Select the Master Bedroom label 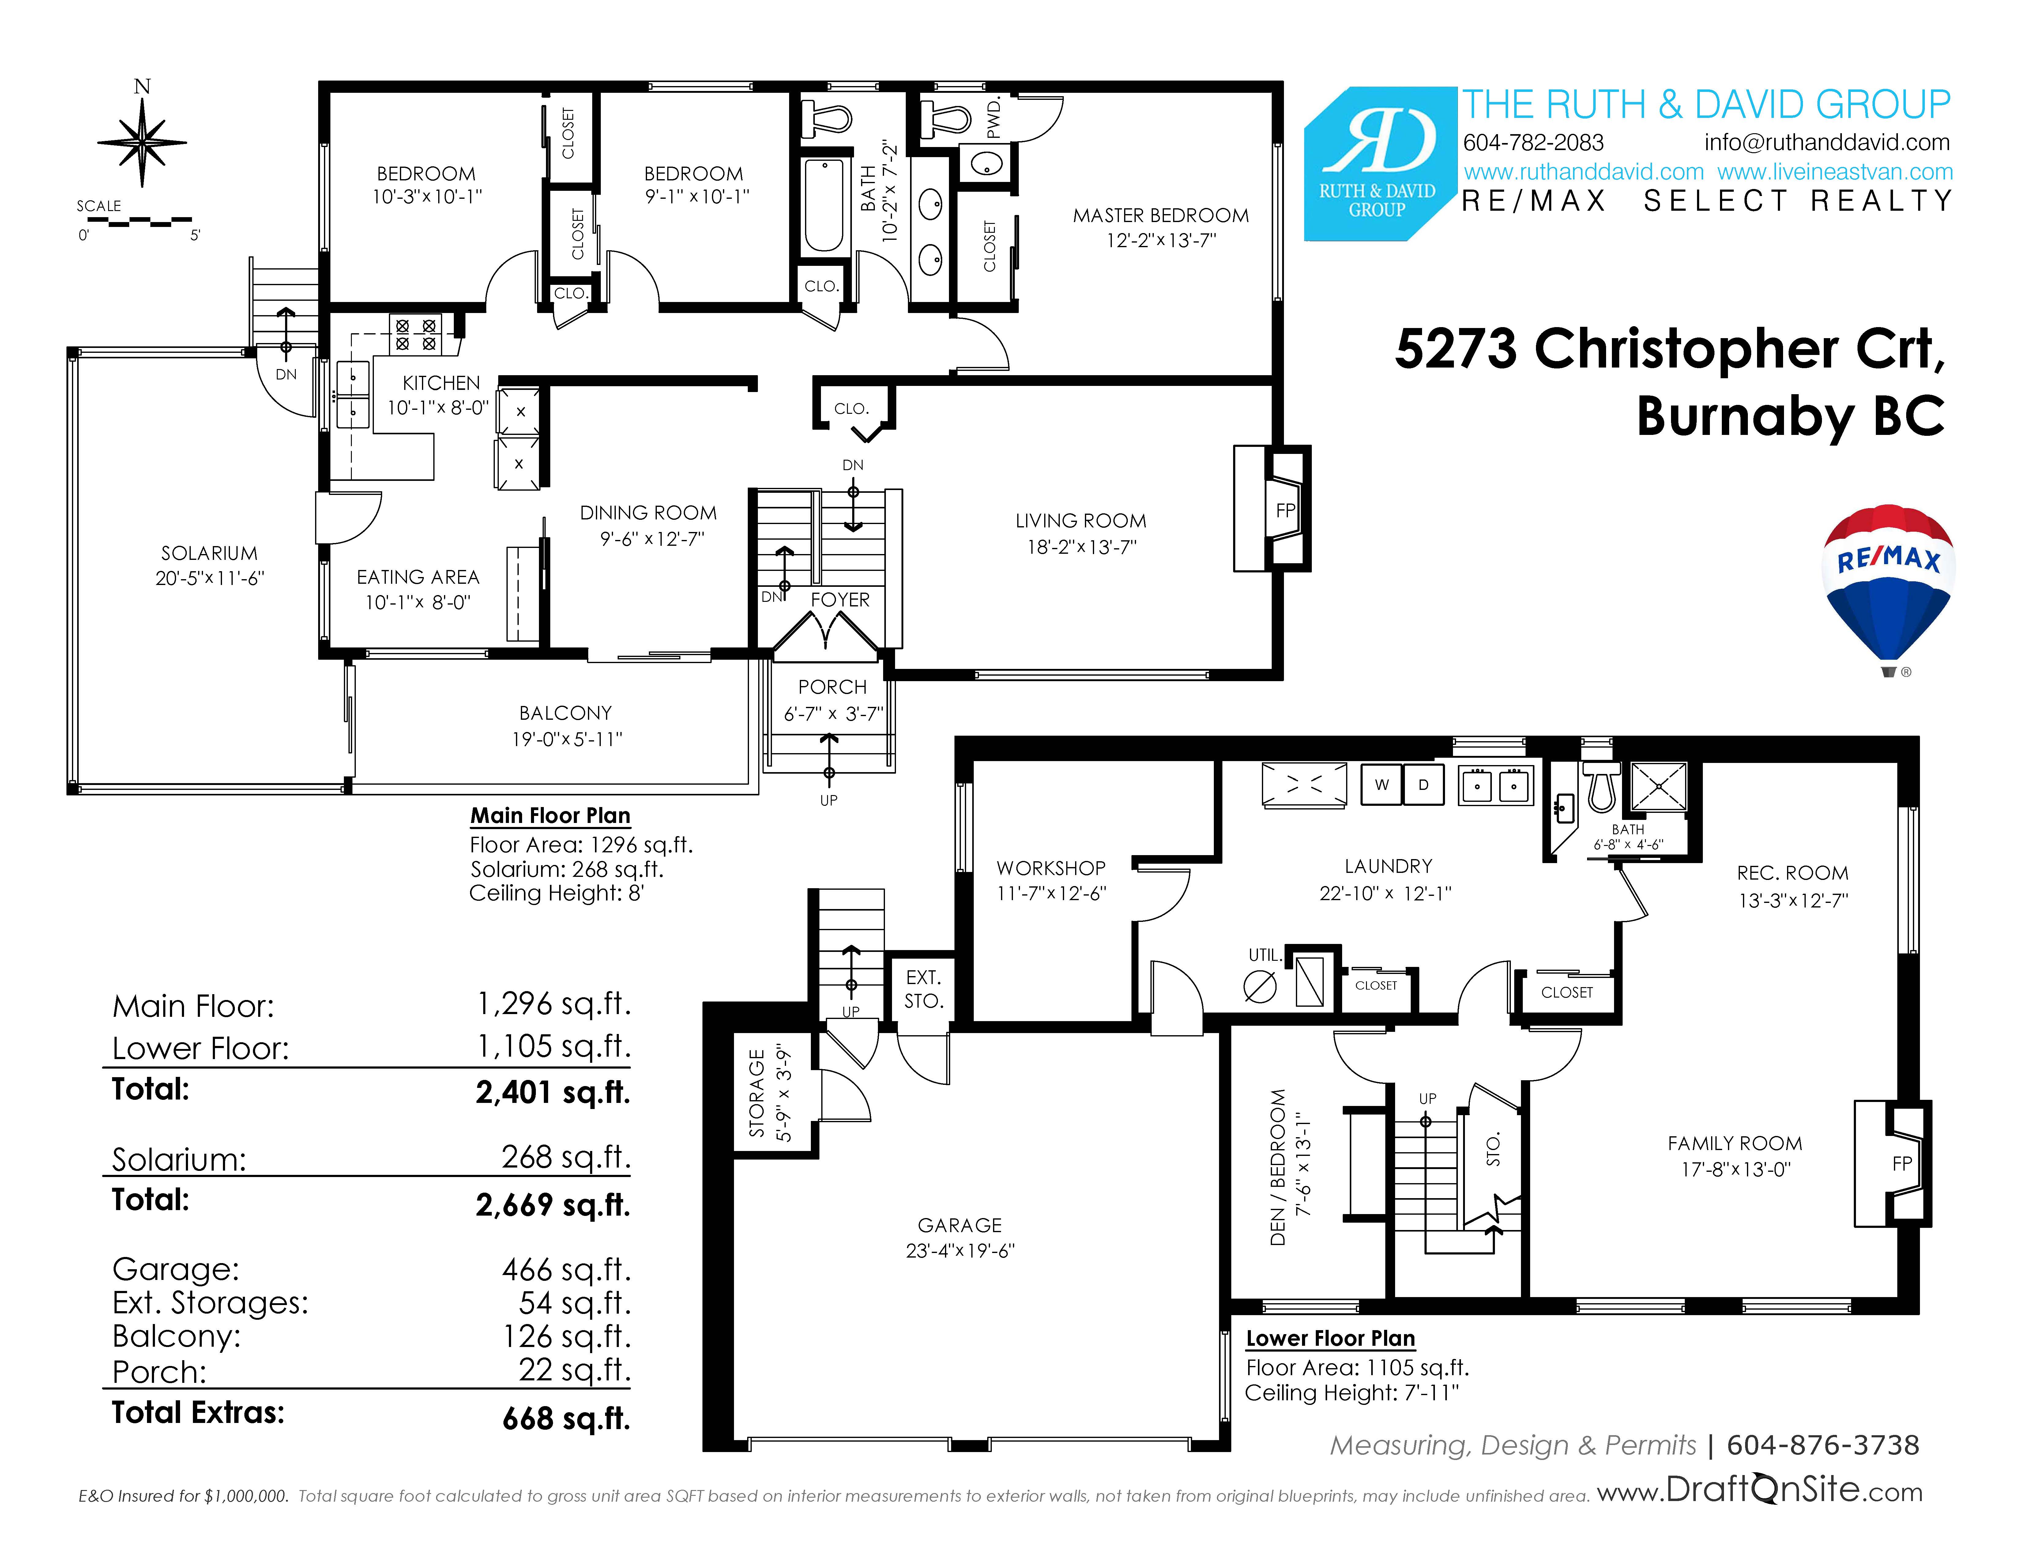point(1161,216)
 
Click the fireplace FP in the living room point(1285,510)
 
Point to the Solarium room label point(209,553)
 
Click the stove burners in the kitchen point(416,334)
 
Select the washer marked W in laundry point(1382,785)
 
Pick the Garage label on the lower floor point(960,1225)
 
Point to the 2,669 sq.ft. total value point(552,1205)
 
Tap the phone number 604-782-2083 point(1533,142)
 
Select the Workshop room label point(1051,868)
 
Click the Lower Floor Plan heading point(1331,1338)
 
